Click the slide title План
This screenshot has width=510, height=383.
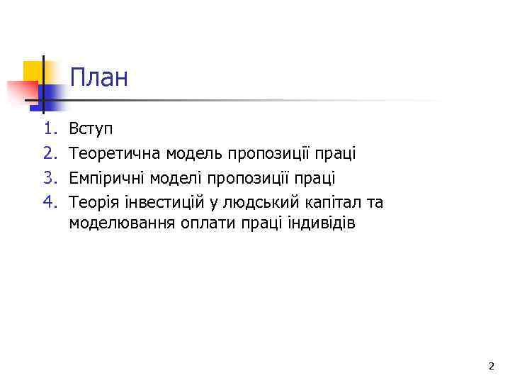(99, 77)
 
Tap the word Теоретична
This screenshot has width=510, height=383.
(114, 153)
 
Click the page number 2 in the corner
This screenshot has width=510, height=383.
(491, 366)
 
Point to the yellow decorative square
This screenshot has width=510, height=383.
(33, 71)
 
